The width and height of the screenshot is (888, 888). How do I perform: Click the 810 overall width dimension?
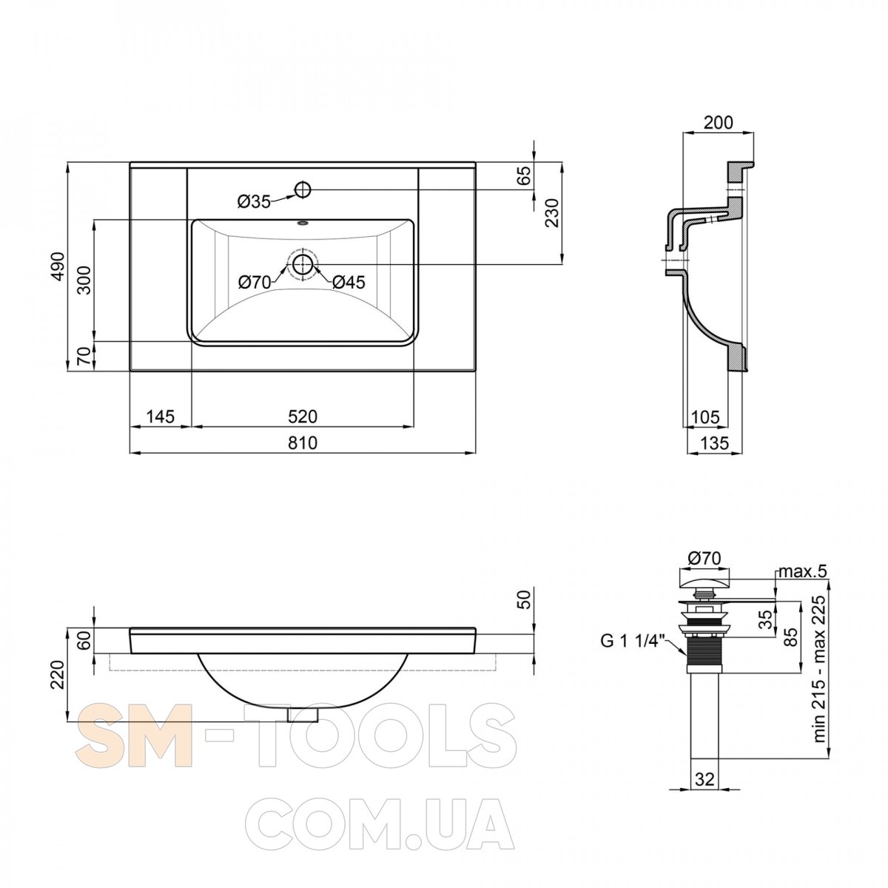pos(303,443)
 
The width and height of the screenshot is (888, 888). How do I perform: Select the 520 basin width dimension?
pos(303,417)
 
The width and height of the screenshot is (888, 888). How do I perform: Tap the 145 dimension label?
pos(161,417)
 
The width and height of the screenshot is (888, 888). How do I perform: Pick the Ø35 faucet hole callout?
pos(254,201)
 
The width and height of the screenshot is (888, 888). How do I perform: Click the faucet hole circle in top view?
pos(303,189)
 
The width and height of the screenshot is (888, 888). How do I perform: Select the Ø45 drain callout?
pos(349,282)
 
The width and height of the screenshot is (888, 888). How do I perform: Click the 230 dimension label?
pos(551,212)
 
